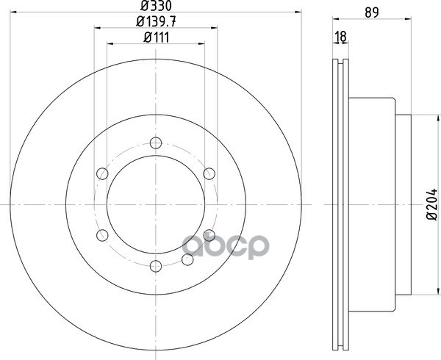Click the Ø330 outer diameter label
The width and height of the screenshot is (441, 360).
point(156,5)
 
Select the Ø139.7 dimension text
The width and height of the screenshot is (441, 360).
point(156,21)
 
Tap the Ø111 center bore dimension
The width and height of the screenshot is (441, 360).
point(156,37)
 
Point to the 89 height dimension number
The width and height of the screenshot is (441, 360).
point(372,12)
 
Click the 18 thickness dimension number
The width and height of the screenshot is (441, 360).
point(341,37)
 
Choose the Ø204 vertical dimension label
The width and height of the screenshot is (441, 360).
point(432,204)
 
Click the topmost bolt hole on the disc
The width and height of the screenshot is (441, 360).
point(156,143)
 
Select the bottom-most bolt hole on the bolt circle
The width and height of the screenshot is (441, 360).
point(156,266)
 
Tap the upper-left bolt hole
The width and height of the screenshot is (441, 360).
point(102,173)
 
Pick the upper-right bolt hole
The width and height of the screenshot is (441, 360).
point(209,173)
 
